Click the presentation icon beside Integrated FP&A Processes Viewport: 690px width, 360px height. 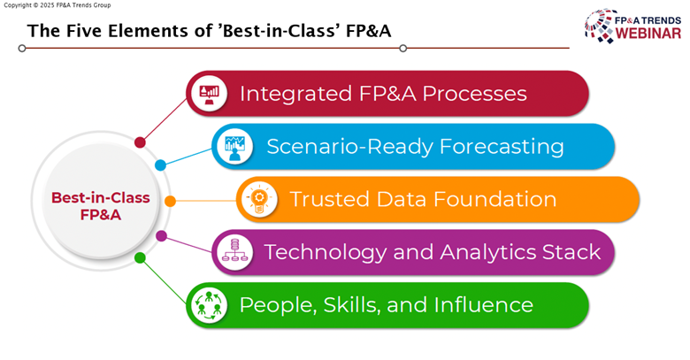[210, 93]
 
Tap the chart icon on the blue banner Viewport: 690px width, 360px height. [234, 148]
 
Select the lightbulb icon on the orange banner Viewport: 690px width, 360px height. [259, 200]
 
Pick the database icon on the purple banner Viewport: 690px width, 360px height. [234, 253]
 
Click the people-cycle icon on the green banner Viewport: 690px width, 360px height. [209, 305]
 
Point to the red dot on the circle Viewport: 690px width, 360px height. [140, 142]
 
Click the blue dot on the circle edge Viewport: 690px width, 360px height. [161, 165]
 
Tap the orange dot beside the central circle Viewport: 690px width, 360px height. [170, 201]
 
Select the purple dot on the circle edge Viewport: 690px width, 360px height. [162, 236]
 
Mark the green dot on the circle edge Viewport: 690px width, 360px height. [140, 258]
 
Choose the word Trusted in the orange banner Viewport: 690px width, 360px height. [330, 199]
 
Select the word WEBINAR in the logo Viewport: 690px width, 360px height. [648, 34]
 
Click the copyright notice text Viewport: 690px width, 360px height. [57, 5]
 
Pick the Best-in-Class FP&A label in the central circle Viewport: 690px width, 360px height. [100, 206]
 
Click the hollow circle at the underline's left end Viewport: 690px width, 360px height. [22, 48]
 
